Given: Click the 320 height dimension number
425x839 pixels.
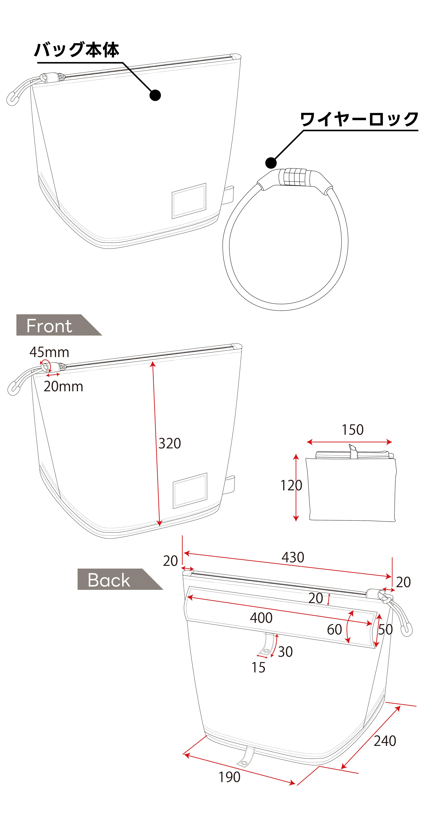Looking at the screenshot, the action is click(170, 443).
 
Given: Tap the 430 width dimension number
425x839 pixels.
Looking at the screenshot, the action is click(293, 557).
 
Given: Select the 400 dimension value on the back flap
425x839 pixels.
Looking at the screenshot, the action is click(261, 618).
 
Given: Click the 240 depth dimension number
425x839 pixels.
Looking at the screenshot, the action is click(385, 741).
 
